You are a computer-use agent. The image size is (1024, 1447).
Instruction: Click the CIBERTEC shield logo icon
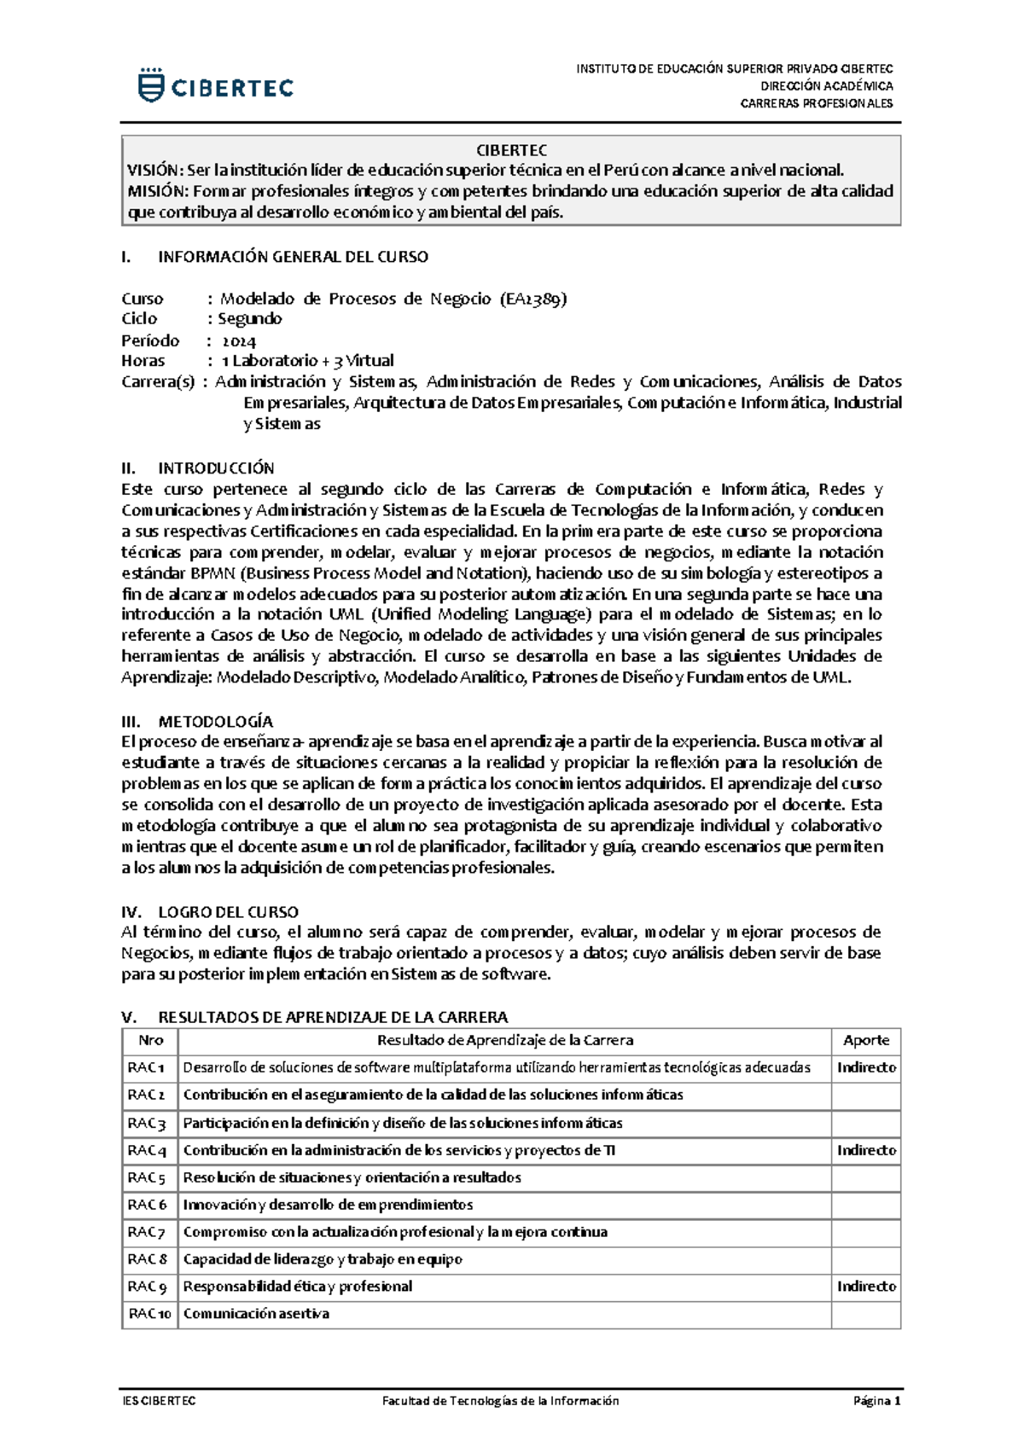coord(151,86)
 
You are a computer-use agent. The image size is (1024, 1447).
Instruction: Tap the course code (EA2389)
coord(533,299)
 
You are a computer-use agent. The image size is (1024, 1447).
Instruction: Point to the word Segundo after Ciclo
coord(249,319)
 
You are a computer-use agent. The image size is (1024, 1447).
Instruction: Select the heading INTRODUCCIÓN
coord(216,468)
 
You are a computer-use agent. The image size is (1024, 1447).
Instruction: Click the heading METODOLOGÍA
coord(216,722)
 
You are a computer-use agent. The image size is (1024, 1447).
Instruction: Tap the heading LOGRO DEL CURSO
coord(228,912)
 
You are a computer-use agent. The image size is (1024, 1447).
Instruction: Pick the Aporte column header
coord(865,1040)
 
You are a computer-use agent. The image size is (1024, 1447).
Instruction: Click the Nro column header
coord(150,1040)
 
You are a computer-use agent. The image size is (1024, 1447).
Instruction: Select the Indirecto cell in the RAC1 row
coord(865,1067)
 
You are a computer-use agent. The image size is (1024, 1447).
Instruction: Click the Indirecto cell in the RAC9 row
coord(865,1287)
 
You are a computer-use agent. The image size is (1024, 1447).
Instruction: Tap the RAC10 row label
coord(150,1314)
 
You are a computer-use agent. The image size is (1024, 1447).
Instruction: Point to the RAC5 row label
coord(147,1177)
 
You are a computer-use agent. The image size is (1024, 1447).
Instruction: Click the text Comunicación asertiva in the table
coord(256,1314)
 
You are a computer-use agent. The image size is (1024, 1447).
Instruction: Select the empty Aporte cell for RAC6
coord(865,1205)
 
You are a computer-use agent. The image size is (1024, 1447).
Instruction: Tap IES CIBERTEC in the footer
coord(159,1401)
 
